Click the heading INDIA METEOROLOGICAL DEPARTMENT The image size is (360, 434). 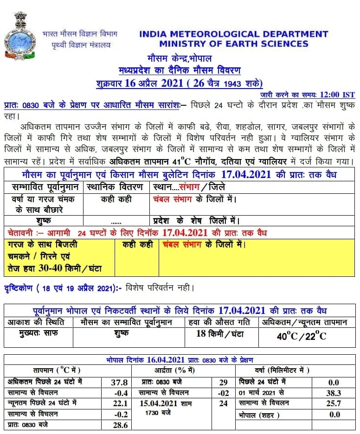pos(233,34)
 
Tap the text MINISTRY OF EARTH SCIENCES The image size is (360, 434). pos(233,44)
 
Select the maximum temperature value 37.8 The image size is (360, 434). pos(120,383)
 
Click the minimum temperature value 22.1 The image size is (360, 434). pos(120,403)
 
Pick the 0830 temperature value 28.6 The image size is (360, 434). pos(120,424)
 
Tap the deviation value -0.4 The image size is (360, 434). pos(120,393)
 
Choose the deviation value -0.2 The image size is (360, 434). pos(120,414)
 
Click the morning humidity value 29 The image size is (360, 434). pos(224,383)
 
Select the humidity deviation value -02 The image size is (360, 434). pos(224,393)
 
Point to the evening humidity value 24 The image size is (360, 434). pos(224,403)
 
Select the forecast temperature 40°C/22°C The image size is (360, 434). pos(302,336)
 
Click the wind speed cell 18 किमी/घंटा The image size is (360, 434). pos(220,334)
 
